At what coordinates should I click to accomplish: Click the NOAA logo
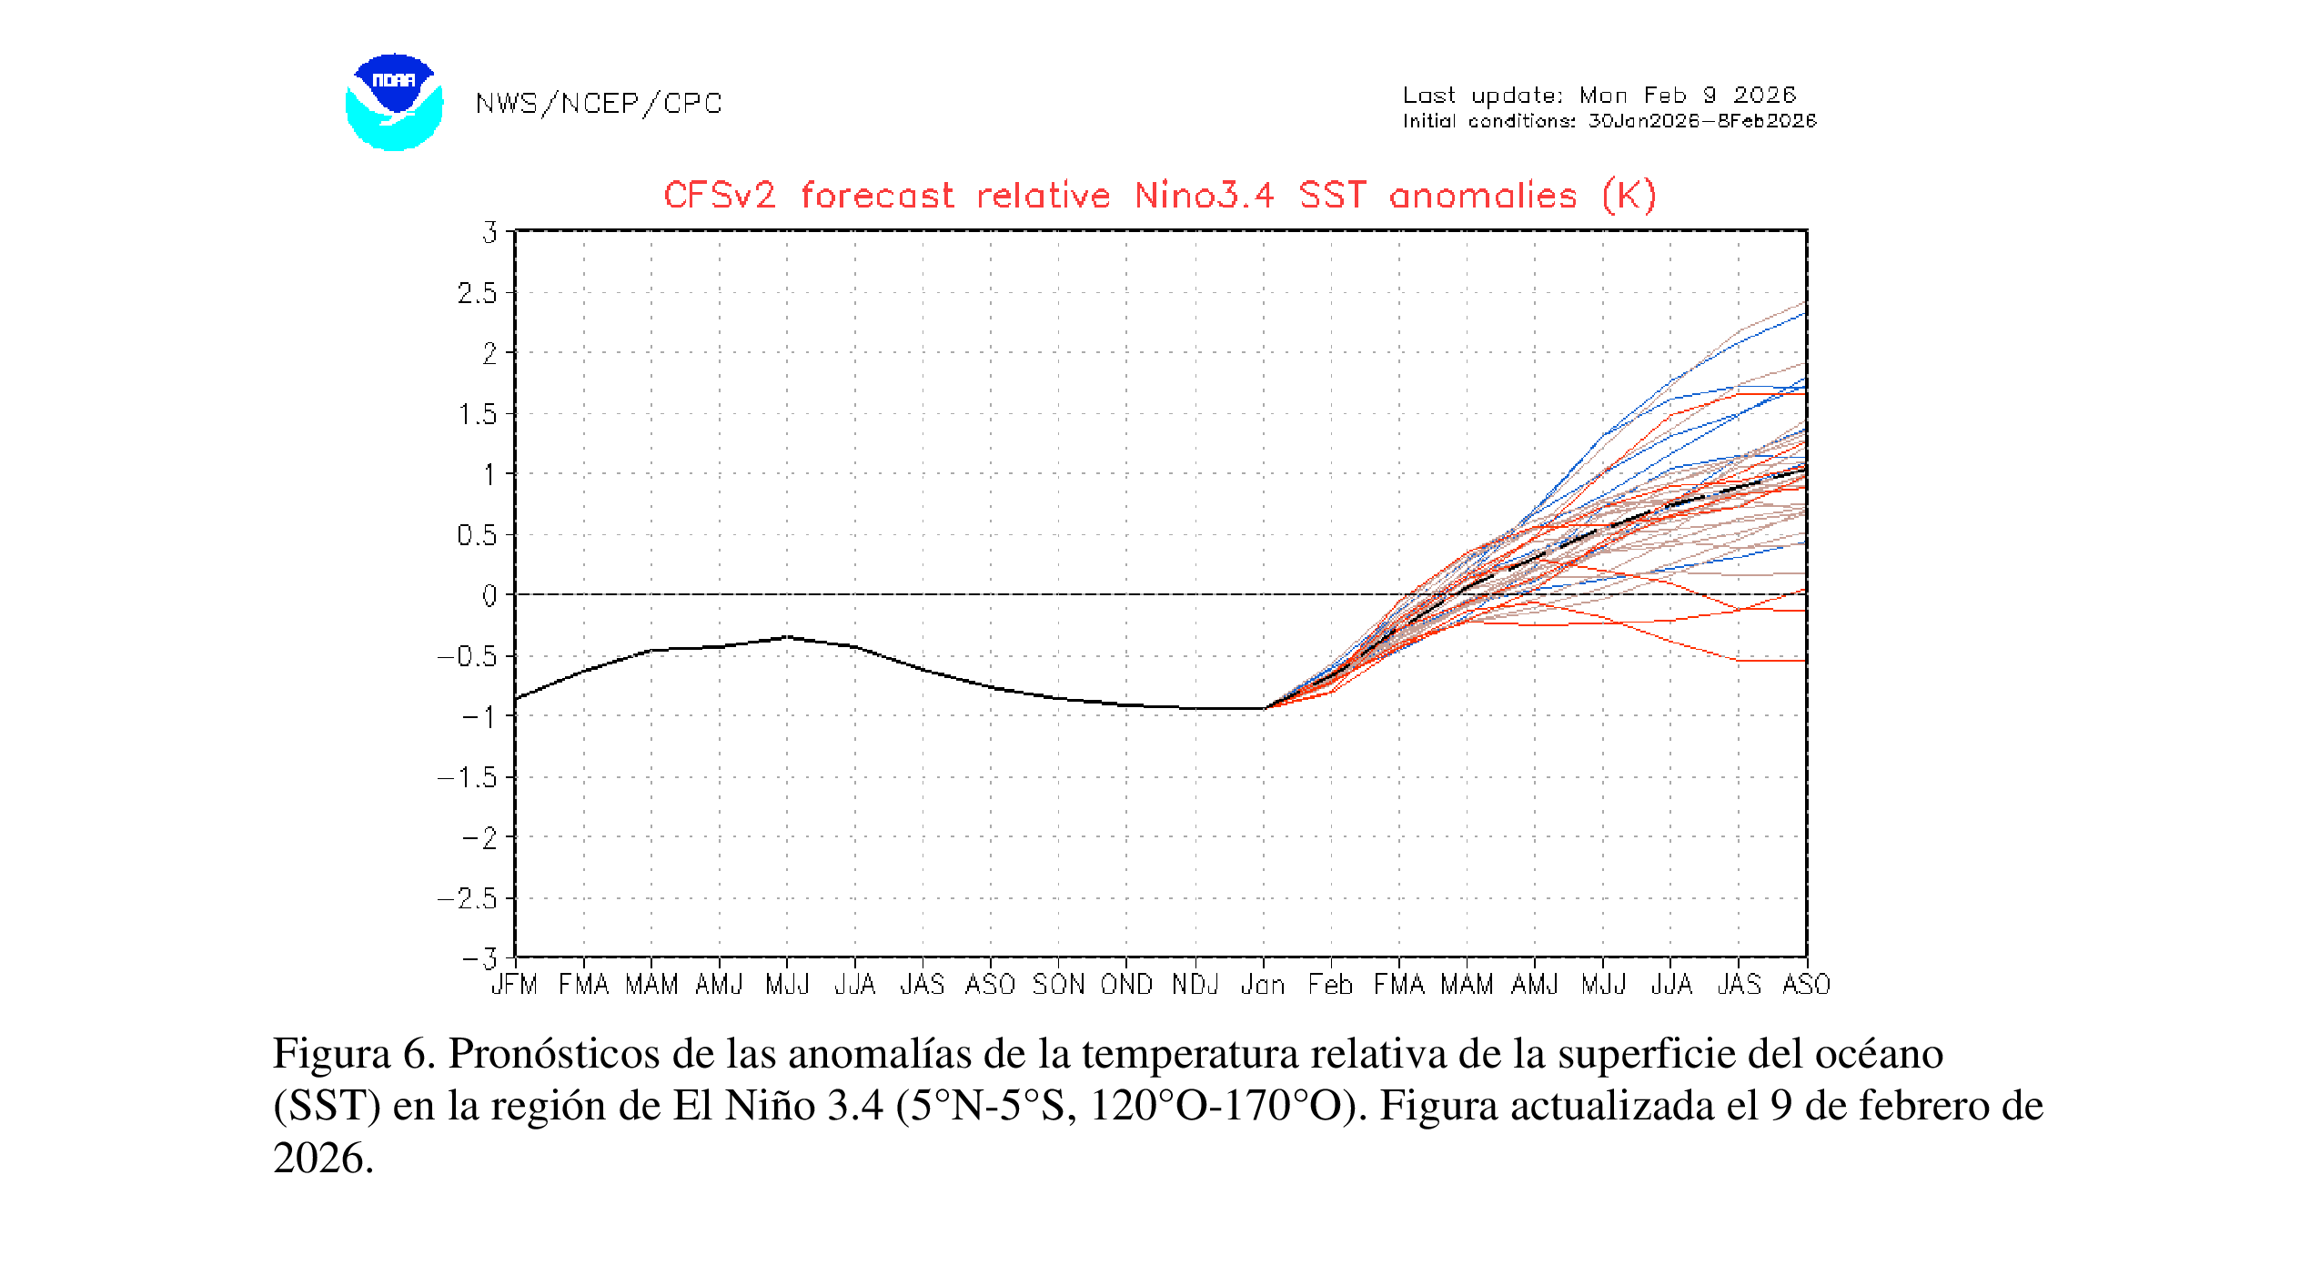pos(394,102)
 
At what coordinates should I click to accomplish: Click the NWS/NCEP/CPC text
pos(598,104)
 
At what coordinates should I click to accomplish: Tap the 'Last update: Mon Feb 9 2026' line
pos(1599,96)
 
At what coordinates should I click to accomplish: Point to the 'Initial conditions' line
pos(1609,121)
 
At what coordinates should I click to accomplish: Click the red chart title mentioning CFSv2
pos(1159,196)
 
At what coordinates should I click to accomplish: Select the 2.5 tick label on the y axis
pos(478,293)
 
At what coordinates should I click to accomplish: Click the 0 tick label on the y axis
pos(489,596)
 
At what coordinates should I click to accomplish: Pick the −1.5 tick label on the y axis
pos(469,777)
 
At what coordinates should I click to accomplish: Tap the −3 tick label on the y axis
pos(480,958)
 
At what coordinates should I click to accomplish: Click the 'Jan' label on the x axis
pos(1263,985)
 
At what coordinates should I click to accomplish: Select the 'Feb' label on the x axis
pos(1330,985)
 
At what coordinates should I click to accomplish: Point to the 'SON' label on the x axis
pos(1058,985)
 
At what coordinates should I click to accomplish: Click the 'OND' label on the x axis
pos(1126,985)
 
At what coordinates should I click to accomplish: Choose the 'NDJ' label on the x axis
pos(1195,985)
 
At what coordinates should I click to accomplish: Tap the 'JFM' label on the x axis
pos(515,985)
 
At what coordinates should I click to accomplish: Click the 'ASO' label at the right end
pos(1806,985)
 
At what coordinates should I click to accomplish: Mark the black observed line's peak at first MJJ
pos(788,637)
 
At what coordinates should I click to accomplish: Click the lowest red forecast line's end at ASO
pos(1804,661)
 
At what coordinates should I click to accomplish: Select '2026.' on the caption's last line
pos(323,1159)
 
